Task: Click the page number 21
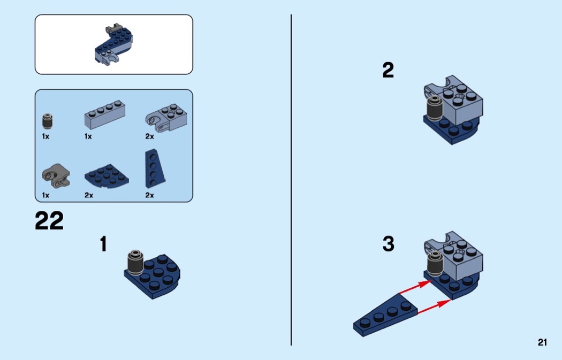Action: pos(542,342)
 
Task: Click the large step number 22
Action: pos(49,220)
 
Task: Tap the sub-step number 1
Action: pos(103,244)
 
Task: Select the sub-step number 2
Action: pos(388,70)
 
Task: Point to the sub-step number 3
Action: pos(388,243)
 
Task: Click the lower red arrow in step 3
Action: pos(434,307)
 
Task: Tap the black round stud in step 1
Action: pos(135,262)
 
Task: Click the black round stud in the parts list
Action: pos(47,121)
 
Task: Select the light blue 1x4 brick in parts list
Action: pos(105,114)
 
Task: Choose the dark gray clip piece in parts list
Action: pos(56,176)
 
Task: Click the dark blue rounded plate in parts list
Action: pos(107,176)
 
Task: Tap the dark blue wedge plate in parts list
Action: pos(155,168)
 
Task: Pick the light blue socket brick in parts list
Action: pos(166,117)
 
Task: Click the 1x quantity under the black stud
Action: pos(45,136)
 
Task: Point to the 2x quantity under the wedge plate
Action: pos(149,195)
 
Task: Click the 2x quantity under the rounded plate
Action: pos(89,195)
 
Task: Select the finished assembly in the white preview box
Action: pos(113,44)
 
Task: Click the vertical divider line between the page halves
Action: pos(291,180)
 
